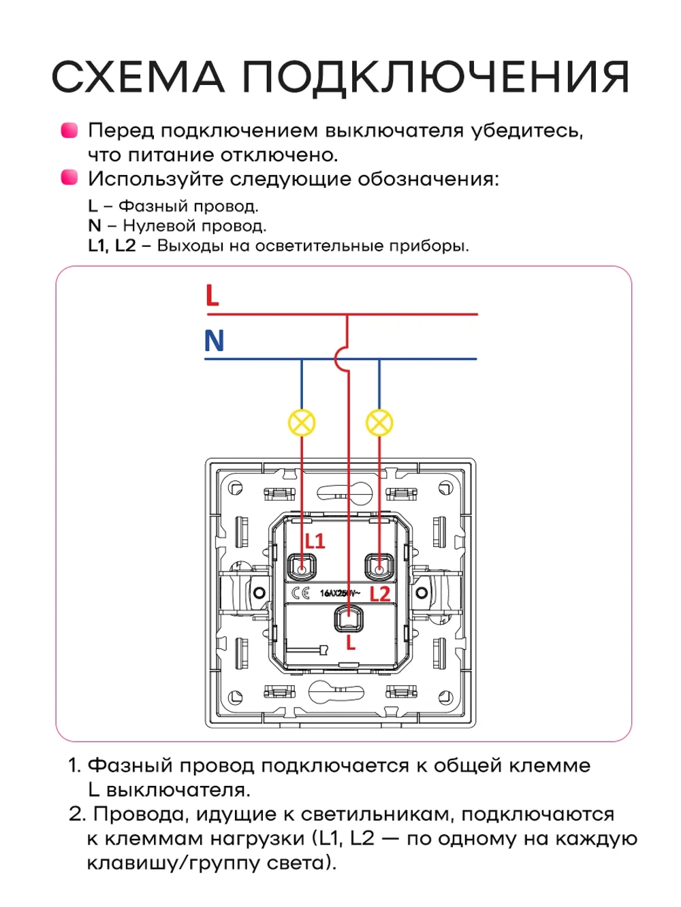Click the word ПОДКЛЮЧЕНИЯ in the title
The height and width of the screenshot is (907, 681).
(436, 76)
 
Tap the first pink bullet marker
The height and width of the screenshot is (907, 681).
(69, 130)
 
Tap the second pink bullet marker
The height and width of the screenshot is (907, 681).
(69, 178)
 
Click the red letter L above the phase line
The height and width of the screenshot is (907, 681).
(212, 296)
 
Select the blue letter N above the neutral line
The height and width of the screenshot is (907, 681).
(214, 340)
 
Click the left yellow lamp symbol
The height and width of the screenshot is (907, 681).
(302, 423)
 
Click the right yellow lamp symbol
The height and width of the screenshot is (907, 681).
(379, 423)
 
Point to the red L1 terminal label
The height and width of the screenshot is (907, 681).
(315, 542)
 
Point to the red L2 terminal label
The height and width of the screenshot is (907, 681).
(379, 594)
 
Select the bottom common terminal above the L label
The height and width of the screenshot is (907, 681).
(348, 619)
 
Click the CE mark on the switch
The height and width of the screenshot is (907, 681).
(300, 593)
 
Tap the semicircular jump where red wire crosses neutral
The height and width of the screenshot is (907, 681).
(340, 359)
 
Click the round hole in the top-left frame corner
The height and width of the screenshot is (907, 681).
(235, 488)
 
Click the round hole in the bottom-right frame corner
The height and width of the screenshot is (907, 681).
(445, 697)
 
